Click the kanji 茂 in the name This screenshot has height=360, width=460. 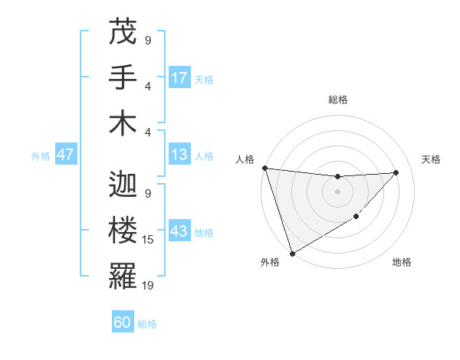(x=123, y=32)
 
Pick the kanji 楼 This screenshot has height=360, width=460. (x=123, y=231)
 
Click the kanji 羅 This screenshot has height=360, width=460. (x=123, y=275)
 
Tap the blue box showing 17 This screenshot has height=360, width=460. (x=179, y=78)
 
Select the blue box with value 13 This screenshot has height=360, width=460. (x=179, y=155)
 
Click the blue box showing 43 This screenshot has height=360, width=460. (x=179, y=232)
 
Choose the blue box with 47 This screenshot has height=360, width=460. (x=66, y=155)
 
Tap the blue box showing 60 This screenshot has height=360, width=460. (x=123, y=322)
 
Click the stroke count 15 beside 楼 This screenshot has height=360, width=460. (x=149, y=240)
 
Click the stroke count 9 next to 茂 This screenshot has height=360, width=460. (x=147, y=41)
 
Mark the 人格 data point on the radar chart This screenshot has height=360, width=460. (x=264, y=168)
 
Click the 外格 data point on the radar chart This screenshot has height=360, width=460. (x=292, y=253)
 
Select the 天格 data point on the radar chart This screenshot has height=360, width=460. (x=396, y=172)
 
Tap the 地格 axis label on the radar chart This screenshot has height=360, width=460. (x=402, y=262)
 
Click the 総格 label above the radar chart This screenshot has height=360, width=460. (x=337, y=100)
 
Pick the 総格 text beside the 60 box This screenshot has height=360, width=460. (x=147, y=324)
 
